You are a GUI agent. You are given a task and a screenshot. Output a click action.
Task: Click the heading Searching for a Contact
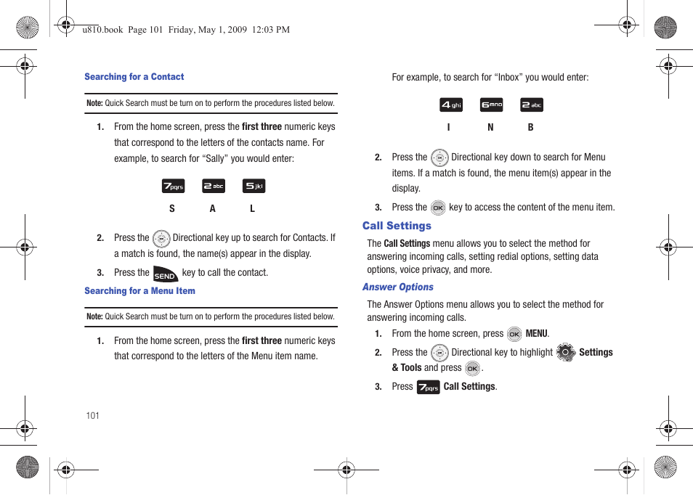coord(134,77)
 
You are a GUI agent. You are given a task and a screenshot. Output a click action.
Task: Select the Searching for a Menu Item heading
coord(139,291)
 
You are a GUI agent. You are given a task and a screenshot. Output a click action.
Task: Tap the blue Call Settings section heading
coord(397,226)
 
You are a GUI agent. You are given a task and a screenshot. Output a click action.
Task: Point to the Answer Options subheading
coord(398,287)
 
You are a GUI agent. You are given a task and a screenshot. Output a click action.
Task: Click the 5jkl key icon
coord(254,187)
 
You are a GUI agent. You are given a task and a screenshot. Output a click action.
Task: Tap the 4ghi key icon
coord(451,105)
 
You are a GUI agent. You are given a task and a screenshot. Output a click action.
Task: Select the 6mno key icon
coord(492,105)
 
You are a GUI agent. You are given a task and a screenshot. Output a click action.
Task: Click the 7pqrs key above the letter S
coord(173,187)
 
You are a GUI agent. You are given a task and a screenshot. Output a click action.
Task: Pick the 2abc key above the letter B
coord(532,105)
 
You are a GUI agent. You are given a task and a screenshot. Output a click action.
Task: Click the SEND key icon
coord(166,274)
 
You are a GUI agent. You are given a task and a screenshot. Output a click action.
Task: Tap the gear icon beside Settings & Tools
coord(566,353)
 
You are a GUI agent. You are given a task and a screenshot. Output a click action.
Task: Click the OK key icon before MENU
coord(514,334)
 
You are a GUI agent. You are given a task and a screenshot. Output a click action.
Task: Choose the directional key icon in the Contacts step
coord(161,238)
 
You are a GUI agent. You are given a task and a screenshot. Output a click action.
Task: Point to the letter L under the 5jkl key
coord(253,209)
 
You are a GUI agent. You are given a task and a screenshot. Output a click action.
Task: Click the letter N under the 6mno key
coord(490,128)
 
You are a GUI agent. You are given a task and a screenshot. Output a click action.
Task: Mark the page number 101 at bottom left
coord(92,416)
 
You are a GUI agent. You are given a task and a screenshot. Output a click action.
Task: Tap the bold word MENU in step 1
coord(536,334)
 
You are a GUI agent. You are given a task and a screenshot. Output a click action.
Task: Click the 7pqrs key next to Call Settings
coord(428,387)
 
